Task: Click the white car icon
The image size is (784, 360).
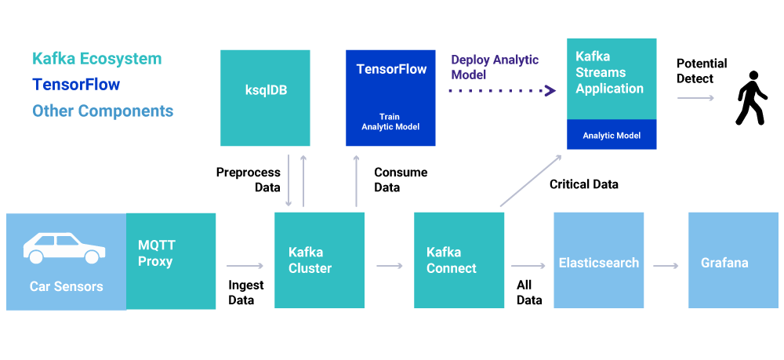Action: [64, 248]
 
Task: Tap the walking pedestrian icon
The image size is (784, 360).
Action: [750, 97]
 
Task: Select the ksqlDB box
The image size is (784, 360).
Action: [265, 98]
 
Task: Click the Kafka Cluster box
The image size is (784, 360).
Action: [320, 260]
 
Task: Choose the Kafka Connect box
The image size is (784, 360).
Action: [459, 260]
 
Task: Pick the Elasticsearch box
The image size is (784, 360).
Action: [598, 260]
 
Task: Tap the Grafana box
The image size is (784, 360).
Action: [734, 260]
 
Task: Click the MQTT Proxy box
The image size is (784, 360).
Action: [170, 261]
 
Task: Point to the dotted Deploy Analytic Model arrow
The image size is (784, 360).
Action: [503, 90]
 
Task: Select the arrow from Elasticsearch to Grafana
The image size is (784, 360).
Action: [666, 266]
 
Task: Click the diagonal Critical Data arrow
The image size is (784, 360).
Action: [531, 180]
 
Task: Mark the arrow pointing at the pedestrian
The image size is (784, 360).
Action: [695, 97]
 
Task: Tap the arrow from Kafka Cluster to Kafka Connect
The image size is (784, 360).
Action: [390, 266]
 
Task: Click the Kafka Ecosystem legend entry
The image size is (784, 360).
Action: [97, 59]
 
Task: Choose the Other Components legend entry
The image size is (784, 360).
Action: [103, 111]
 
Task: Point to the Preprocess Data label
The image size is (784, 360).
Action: [248, 180]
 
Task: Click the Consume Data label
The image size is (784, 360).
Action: [401, 180]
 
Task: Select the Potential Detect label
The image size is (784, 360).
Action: [702, 71]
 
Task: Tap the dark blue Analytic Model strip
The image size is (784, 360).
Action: [612, 134]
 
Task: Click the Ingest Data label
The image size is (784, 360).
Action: [246, 293]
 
